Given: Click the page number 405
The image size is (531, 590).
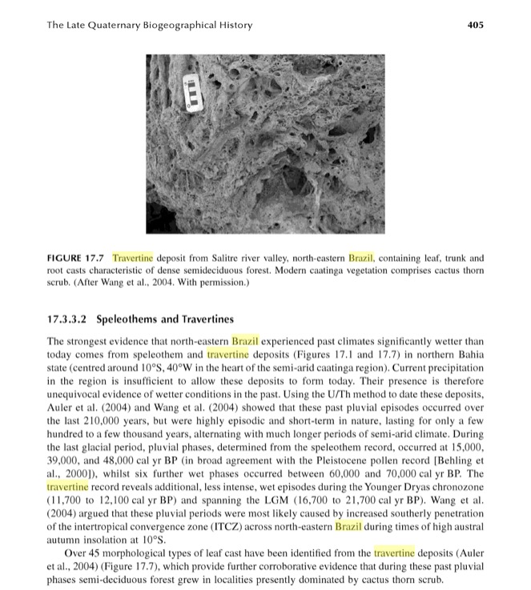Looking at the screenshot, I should [476, 25].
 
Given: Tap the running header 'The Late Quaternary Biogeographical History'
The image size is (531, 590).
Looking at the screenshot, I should [150, 25].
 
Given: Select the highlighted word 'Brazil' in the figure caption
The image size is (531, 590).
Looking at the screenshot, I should [364, 259].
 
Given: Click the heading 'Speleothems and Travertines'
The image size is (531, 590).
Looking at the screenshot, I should [165, 319].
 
